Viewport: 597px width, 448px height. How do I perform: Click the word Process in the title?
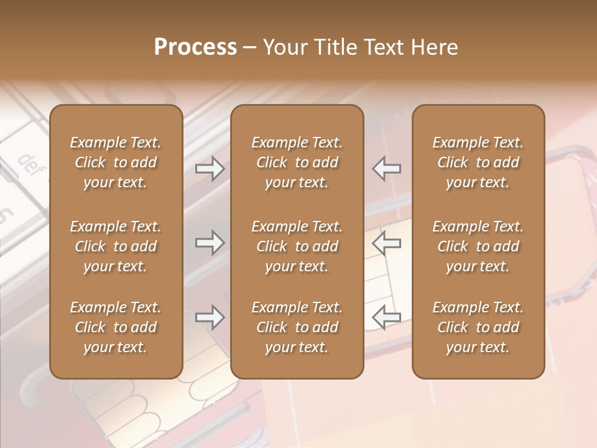pos(195,47)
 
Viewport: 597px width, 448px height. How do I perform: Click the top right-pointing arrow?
pos(210,169)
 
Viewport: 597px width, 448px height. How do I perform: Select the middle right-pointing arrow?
pos(210,243)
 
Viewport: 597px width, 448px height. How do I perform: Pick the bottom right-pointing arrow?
pos(210,317)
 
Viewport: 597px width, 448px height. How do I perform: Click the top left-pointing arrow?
pos(387,169)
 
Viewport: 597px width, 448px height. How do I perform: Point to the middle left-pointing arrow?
pos(387,243)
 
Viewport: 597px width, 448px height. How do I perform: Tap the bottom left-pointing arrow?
pos(387,317)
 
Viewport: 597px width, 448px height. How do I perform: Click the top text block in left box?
pos(116,162)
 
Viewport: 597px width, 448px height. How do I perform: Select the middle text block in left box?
pos(116,246)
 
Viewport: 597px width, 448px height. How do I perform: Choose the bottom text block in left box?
pos(116,327)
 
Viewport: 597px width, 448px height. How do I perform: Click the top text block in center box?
pos(297,162)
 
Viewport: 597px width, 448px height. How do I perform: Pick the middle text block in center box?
pos(297,246)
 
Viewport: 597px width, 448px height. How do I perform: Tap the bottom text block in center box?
pos(297,327)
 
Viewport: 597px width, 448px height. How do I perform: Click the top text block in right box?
pos(478,162)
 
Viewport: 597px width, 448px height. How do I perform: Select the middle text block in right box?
pos(478,246)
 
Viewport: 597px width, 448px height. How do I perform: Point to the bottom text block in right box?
pos(478,327)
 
